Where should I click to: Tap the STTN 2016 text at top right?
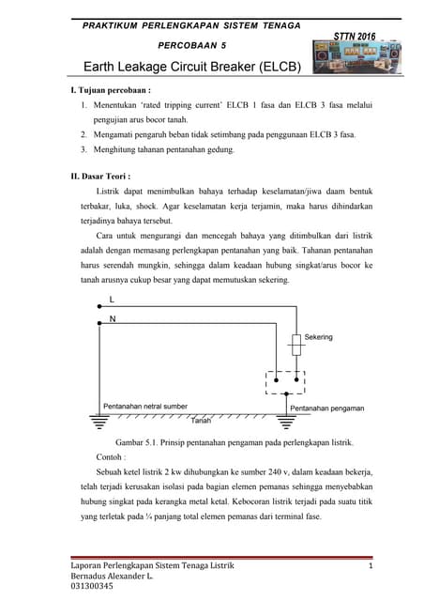(x=355, y=36)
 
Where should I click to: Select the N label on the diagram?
(x=113, y=318)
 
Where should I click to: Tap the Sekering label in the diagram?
(x=318, y=336)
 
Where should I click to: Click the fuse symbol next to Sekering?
(x=297, y=347)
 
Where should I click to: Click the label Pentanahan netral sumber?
(x=144, y=407)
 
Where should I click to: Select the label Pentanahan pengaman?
(x=326, y=408)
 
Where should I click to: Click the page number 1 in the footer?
(x=371, y=564)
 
